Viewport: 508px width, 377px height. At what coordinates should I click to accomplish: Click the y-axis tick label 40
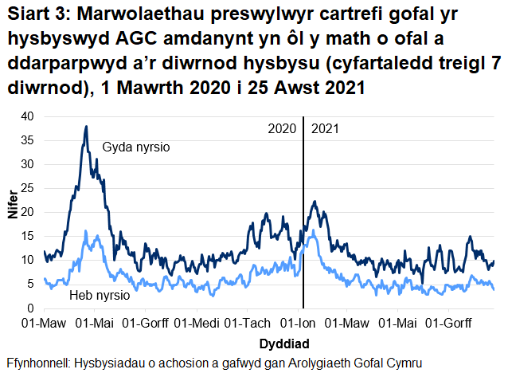28,116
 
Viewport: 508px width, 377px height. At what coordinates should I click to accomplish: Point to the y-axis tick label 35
28,140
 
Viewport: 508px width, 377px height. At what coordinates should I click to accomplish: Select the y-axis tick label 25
28,188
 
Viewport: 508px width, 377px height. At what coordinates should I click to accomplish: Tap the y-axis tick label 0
31,308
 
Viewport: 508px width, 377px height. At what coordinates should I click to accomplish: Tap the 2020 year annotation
282,128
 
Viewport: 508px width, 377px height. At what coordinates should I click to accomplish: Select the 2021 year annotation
324,128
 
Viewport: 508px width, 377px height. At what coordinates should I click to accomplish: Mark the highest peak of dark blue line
85,126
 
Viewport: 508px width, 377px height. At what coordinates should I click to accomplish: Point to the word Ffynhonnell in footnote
37,363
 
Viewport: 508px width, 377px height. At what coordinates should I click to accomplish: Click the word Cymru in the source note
402,363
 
